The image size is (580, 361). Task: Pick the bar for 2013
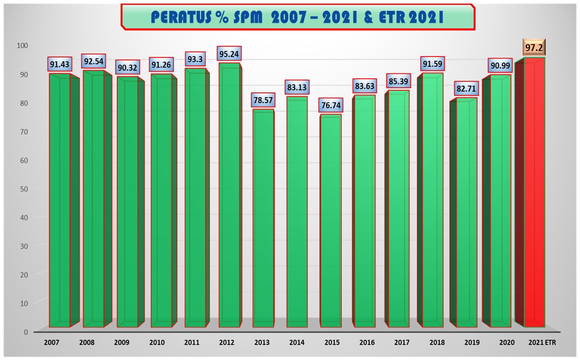click(263, 219)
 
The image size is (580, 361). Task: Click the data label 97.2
click(535, 48)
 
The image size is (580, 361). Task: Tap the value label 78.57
click(263, 100)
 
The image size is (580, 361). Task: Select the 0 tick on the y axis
click(25, 331)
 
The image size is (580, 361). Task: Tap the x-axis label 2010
click(156, 343)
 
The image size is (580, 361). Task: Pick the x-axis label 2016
click(367, 343)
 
